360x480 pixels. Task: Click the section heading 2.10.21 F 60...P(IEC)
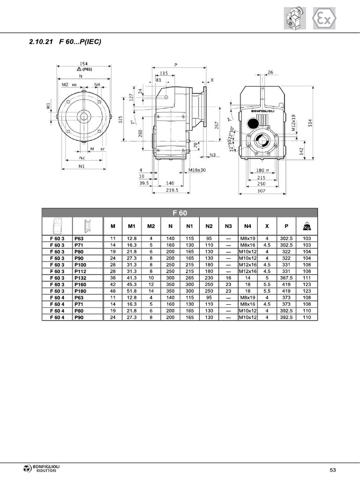(65, 42)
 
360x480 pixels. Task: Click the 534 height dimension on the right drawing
(310, 122)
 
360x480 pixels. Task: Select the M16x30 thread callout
(197, 170)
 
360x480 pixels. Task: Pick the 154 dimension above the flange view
(83, 64)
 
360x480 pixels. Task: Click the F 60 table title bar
(180, 213)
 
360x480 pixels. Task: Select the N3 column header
(228, 226)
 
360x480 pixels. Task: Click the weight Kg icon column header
(307, 226)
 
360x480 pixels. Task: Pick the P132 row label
(80, 278)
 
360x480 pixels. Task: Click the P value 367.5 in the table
(286, 278)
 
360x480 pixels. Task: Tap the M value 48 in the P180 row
(112, 291)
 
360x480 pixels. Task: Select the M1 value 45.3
(132, 285)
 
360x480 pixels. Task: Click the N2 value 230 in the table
(209, 278)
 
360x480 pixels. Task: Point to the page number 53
(333, 470)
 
